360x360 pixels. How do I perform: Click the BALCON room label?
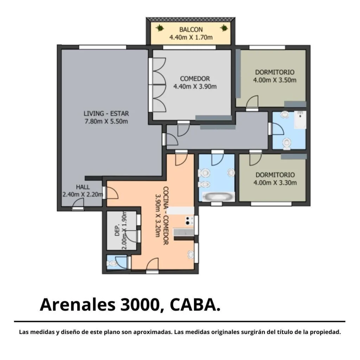pyautogui.click(x=191, y=30)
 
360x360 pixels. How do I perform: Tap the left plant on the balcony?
pyautogui.click(x=159, y=28)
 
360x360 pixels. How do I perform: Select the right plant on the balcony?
pyautogui.click(x=224, y=28)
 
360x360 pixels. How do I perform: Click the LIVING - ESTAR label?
pyautogui.click(x=106, y=114)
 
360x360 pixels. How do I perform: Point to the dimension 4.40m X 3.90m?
pyautogui.click(x=195, y=86)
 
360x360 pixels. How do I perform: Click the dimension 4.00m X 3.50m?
pyautogui.click(x=275, y=80)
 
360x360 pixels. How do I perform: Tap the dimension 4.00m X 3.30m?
pyautogui.click(x=275, y=183)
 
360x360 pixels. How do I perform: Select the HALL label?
pyautogui.click(x=83, y=187)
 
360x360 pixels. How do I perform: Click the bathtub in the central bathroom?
pyautogui.click(x=218, y=197)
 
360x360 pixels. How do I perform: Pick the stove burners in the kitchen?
pyautogui.click(x=189, y=221)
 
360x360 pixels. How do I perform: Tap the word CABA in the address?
pyautogui.click(x=193, y=305)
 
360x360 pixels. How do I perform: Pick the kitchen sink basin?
pyautogui.click(x=191, y=254)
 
